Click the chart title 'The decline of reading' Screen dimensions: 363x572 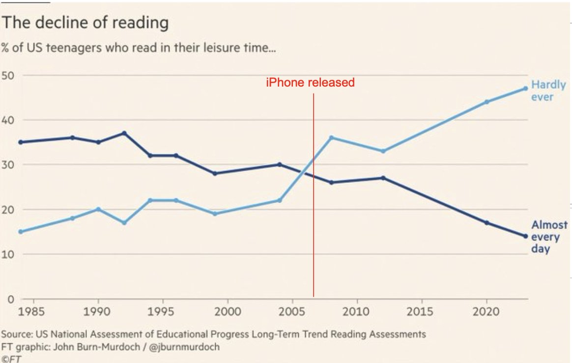tap(85, 23)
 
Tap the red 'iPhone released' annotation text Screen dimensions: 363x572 tap(310, 83)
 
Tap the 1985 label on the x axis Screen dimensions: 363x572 tap(34, 312)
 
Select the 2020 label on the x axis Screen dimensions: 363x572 tap(486, 312)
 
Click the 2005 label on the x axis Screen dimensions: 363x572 tap(292, 312)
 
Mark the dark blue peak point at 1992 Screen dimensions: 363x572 tap(124, 133)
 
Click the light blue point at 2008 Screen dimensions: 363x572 tap(331, 138)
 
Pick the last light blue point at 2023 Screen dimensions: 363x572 tap(525, 89)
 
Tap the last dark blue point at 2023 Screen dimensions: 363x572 tap(525, 236)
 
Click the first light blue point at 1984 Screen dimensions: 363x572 tap(21, 232)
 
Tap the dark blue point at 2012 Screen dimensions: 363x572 tap(383, 178)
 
